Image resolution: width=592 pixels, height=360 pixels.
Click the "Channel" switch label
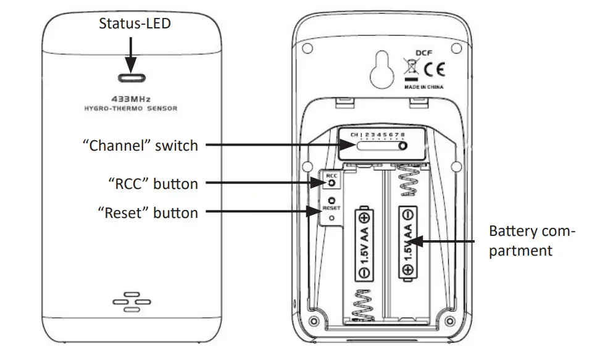pos(140,146)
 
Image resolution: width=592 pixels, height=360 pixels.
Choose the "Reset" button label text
pos(148,213)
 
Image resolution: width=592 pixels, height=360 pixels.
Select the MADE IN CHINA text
pos(423,88)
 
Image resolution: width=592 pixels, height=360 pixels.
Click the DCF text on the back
pos(423,54)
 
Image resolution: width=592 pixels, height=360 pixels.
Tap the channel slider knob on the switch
pos(402,146)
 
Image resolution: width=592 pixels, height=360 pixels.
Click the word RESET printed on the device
pos(331,208)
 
